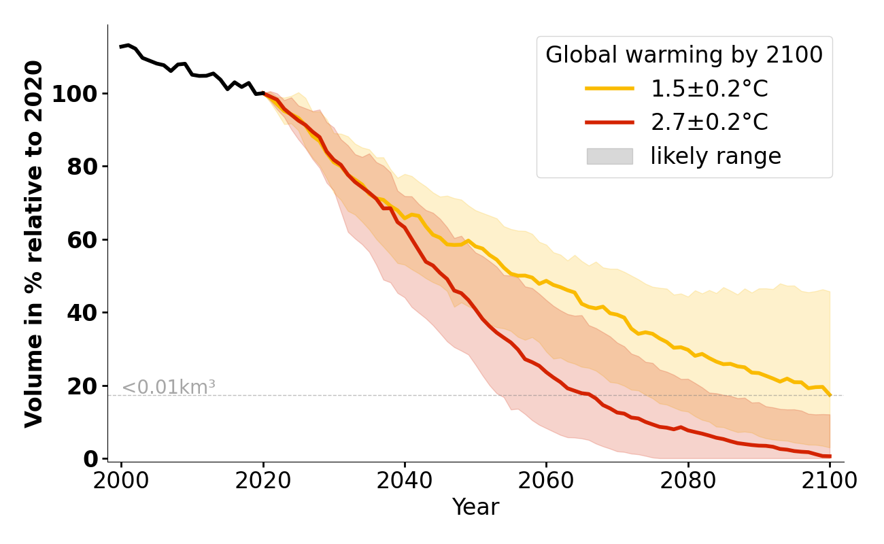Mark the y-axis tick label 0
pos(91,459)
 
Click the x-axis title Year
pos(475,507)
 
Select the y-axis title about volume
pos(34,243)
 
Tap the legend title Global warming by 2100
pos(684,55)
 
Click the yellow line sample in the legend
pos(609,88)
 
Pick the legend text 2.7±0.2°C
pos(709,122)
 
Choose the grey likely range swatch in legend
pos(609,156)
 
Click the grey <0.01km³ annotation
pos(168,388)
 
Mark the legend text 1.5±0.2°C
pos(709,88)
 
